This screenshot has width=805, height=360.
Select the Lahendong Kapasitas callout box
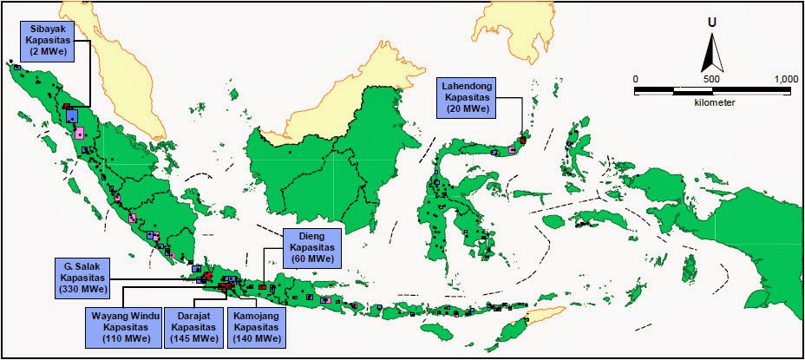coord(465,93)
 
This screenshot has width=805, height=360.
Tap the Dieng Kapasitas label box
coord(311,246)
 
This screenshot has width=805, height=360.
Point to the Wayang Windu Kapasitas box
coord(121,327)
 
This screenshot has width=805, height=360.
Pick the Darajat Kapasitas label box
coord(194,327)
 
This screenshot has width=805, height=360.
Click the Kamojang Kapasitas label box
coord(255,327)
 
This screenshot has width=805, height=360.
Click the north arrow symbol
coord(712,54)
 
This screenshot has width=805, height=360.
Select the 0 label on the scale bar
coord(636,79)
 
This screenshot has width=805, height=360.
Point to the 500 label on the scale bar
coord(711,79)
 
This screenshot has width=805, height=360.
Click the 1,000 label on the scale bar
coord(785,79)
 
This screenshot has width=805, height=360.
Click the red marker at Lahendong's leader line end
coord(523,139)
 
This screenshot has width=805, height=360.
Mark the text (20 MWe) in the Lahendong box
coord(465,108)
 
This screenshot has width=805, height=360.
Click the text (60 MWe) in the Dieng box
coord(311,259)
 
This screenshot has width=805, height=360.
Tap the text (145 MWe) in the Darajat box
coord(194,339)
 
